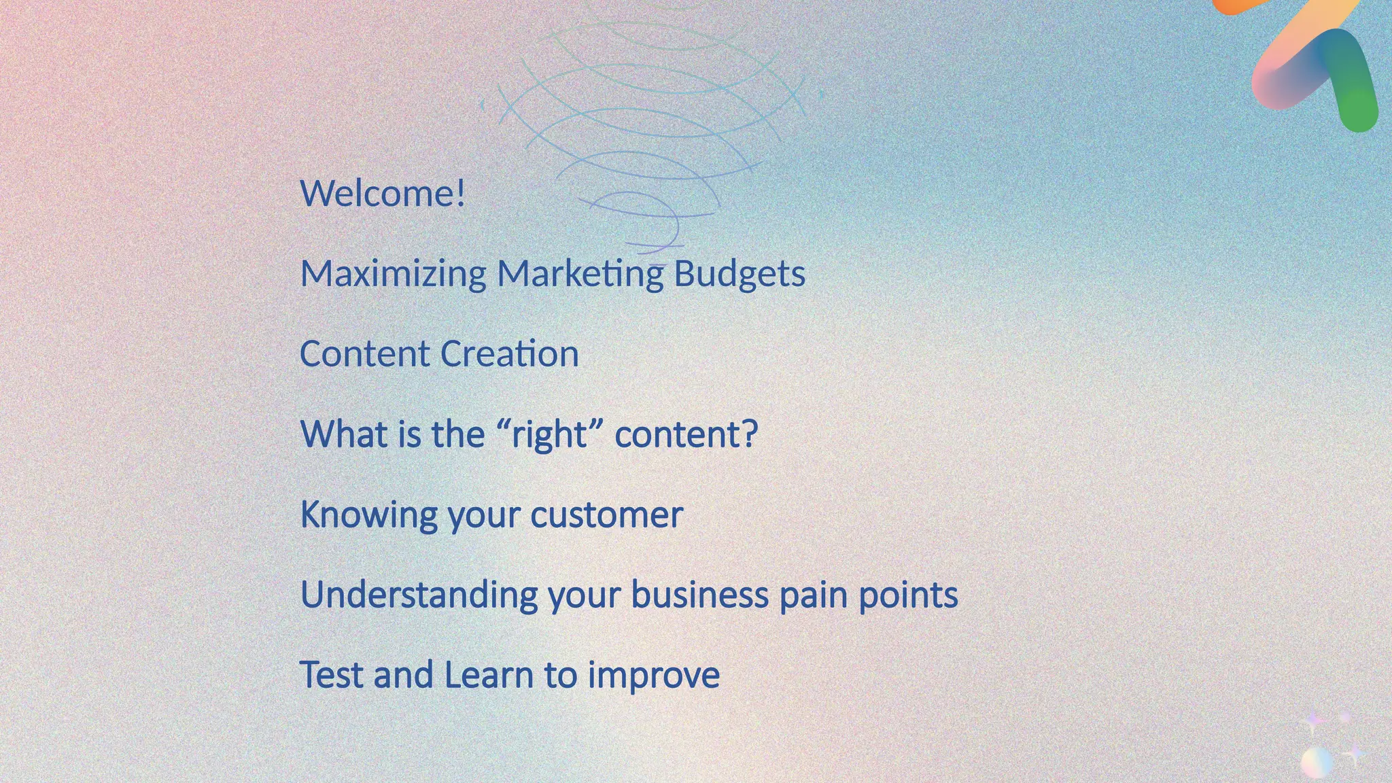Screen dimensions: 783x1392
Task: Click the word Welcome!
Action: point(383,194)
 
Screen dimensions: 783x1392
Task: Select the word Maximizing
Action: point(393,274)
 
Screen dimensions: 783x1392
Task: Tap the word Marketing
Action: point(580,274)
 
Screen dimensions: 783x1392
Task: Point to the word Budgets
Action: point(739,274)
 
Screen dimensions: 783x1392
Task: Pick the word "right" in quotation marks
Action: point(549,434)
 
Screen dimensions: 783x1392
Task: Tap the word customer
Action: point(606,515)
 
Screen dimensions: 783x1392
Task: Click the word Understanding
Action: point(419,595)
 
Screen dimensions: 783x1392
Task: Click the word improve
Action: point(653,676)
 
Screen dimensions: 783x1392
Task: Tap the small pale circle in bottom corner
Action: point(1317,761)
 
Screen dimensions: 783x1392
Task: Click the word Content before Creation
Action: point(364,354)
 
